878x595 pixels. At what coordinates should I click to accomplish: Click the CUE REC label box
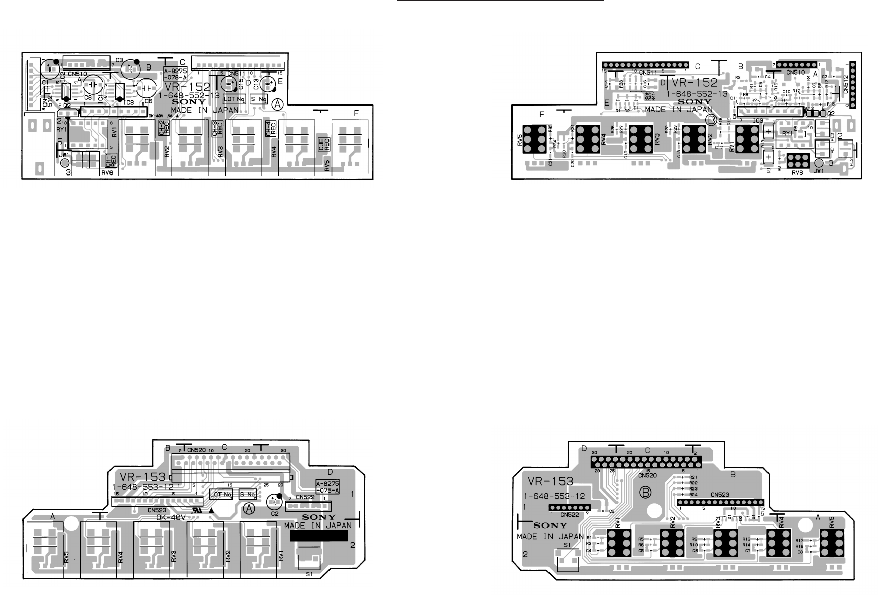coord(321,144)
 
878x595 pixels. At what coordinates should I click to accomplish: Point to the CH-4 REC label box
coord(271,129)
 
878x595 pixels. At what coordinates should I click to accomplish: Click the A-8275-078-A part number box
coord(176,74)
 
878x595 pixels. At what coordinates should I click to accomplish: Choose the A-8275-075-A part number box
coord(327,486)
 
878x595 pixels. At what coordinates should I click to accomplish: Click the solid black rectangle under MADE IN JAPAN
coord(316,536)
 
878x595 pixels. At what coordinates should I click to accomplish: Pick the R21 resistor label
coord(693,477)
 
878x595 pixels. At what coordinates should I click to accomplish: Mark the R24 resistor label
coord(693,494)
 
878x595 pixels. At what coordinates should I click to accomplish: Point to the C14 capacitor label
coord(607,84)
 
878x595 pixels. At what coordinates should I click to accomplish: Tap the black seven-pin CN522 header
coord(570,507)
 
